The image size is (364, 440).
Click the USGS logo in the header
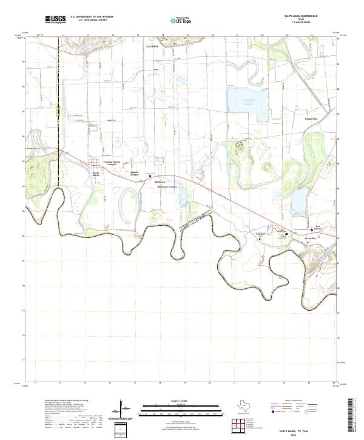tap(55, 19)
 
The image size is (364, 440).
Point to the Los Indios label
tap(309, 238)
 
